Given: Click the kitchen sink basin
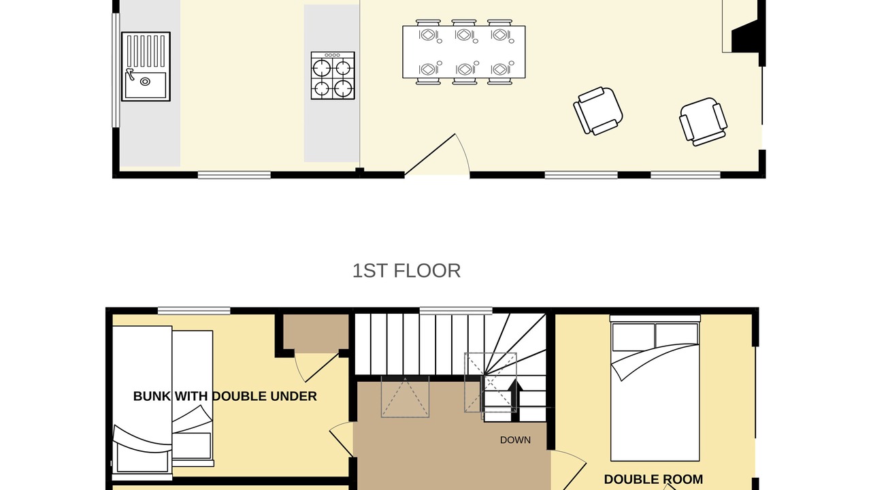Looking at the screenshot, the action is (146, 85).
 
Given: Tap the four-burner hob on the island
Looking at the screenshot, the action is (333, 76).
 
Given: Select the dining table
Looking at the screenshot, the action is (464, 52).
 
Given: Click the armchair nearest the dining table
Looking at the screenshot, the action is (598, 111).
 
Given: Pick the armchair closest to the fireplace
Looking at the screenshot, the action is (704, 122).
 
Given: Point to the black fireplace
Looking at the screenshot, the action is (744, 37).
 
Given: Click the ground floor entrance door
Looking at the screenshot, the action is (437, 154).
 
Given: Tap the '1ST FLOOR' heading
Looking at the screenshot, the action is (406, 271).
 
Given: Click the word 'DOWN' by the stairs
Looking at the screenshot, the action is (515, 440).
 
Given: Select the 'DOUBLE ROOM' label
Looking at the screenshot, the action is (653, 480).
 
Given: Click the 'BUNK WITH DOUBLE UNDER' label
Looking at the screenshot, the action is (225, 396).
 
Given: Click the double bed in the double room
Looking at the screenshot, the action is (655, 388).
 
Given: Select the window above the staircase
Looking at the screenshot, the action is (456, 311).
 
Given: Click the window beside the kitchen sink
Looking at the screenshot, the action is (116, 70).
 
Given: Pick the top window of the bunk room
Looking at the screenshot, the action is (194, 311).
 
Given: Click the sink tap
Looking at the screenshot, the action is (131, 74).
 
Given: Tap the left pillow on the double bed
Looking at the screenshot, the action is (633, 337).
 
